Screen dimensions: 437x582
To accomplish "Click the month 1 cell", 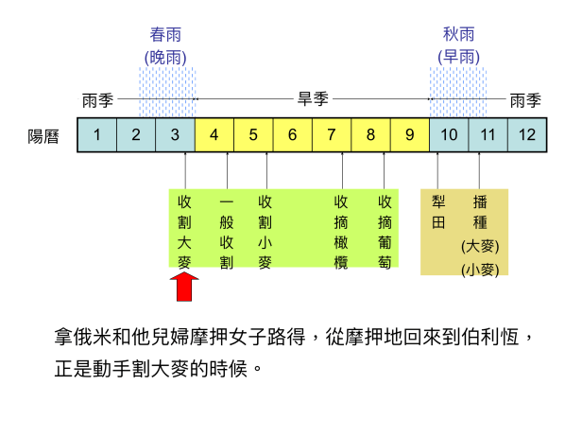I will pos(96,134).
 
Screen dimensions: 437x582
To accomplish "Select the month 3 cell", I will pos(175,134).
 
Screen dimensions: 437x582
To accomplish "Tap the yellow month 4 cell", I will pos(214,134).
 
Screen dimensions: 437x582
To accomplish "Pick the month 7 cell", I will pos(332,134).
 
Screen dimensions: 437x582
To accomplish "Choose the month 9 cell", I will pos(409,134).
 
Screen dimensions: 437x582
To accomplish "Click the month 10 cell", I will pos(449,134).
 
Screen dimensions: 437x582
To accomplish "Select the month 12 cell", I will pos(527,134).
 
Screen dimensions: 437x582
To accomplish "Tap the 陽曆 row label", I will pos(43,135).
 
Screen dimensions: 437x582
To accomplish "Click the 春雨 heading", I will pos(166,35).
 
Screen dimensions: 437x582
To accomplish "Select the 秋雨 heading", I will pos(459,35).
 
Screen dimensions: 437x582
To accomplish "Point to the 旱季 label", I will pos(313,98).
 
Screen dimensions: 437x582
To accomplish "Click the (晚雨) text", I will pos(166,56).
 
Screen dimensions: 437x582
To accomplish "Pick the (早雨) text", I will pos(459,56).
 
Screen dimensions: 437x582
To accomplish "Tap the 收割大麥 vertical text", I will pos(185,232).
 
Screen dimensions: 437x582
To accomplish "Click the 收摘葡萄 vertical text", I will pos(385,232).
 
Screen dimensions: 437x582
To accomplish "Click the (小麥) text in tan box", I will pos(480,269).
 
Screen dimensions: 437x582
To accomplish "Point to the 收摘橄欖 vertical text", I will pos(342,232).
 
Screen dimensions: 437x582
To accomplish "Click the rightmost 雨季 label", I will pos(525,98).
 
